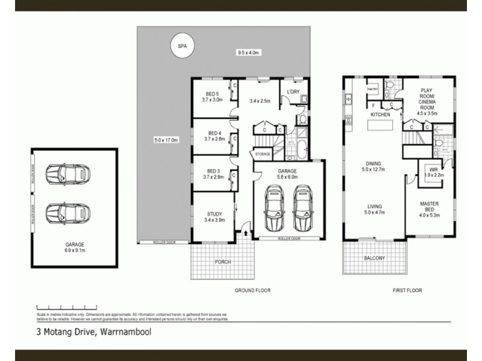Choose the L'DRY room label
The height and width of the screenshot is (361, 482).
click(293, 92)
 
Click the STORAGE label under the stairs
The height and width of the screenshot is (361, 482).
click(263, 155)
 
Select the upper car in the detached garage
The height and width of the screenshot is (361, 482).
click(68, 174)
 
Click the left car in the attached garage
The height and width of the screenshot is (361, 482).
click(275, 208)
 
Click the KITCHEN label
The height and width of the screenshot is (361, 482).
click(380, 114)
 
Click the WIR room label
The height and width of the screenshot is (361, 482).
click(433, 171)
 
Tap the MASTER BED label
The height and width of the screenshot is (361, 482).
click(430, 208)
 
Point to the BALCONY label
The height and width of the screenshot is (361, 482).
click(374, 258)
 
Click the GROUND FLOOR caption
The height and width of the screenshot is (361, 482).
click(252, 290)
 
